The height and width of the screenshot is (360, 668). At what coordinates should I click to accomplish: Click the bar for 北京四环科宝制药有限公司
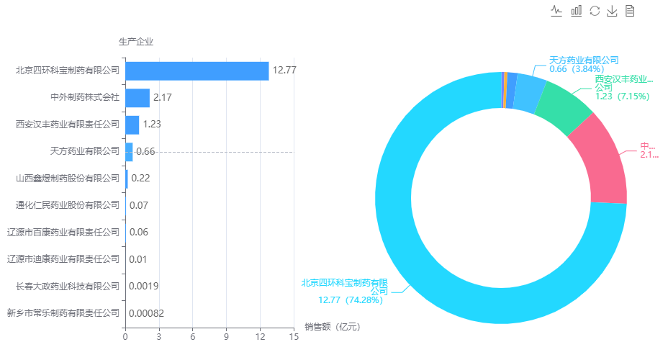pyautogui.click(x=197, y=71)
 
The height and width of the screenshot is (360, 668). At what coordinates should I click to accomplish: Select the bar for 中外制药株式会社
pyautogui.click(x=137, y=97)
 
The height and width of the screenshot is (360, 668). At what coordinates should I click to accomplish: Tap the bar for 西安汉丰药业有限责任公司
pyautogui.click(x=132, y=124)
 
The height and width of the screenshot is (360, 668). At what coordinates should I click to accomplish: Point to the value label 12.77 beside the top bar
pyautogui.click(x=284, y=71)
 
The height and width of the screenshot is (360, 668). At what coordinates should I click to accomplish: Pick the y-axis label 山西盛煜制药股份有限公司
pyautogui.click(x=68, y=178)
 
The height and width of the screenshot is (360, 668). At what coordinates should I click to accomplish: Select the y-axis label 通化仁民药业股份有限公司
pyautogui.click(x=68, y=205)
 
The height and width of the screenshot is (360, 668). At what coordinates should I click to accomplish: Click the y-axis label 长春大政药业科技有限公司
pyautogui.click(x=68, y=286)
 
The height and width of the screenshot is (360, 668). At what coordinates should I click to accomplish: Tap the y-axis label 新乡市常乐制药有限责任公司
pyautogui.click(x=63, y=313)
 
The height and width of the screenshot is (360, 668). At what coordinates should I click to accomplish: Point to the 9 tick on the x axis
pyautogui.click(x=226, y=336)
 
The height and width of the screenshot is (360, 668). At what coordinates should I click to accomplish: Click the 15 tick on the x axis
pyautogui.click(x=293, y=336)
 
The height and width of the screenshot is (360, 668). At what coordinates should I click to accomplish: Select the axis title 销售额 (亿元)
pyautogui.click(x=332, y=327)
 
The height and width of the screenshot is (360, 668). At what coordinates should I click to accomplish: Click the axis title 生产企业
pyautogui.click(x=136, y=41)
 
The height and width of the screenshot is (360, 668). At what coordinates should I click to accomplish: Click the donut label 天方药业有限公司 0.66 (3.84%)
pyautogui.click(x=584, y=65)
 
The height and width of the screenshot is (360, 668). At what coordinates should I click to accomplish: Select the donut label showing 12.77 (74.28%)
pyautogui.click(x=345, y=291)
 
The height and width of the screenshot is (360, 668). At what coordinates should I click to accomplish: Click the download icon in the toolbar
pyautogui.click(x=613, y=11)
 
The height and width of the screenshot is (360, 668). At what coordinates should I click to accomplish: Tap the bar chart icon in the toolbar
pyautogui.click(x=576, y=11)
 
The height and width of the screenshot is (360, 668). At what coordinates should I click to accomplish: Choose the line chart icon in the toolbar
pyautogui.click(x=556, y=11)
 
